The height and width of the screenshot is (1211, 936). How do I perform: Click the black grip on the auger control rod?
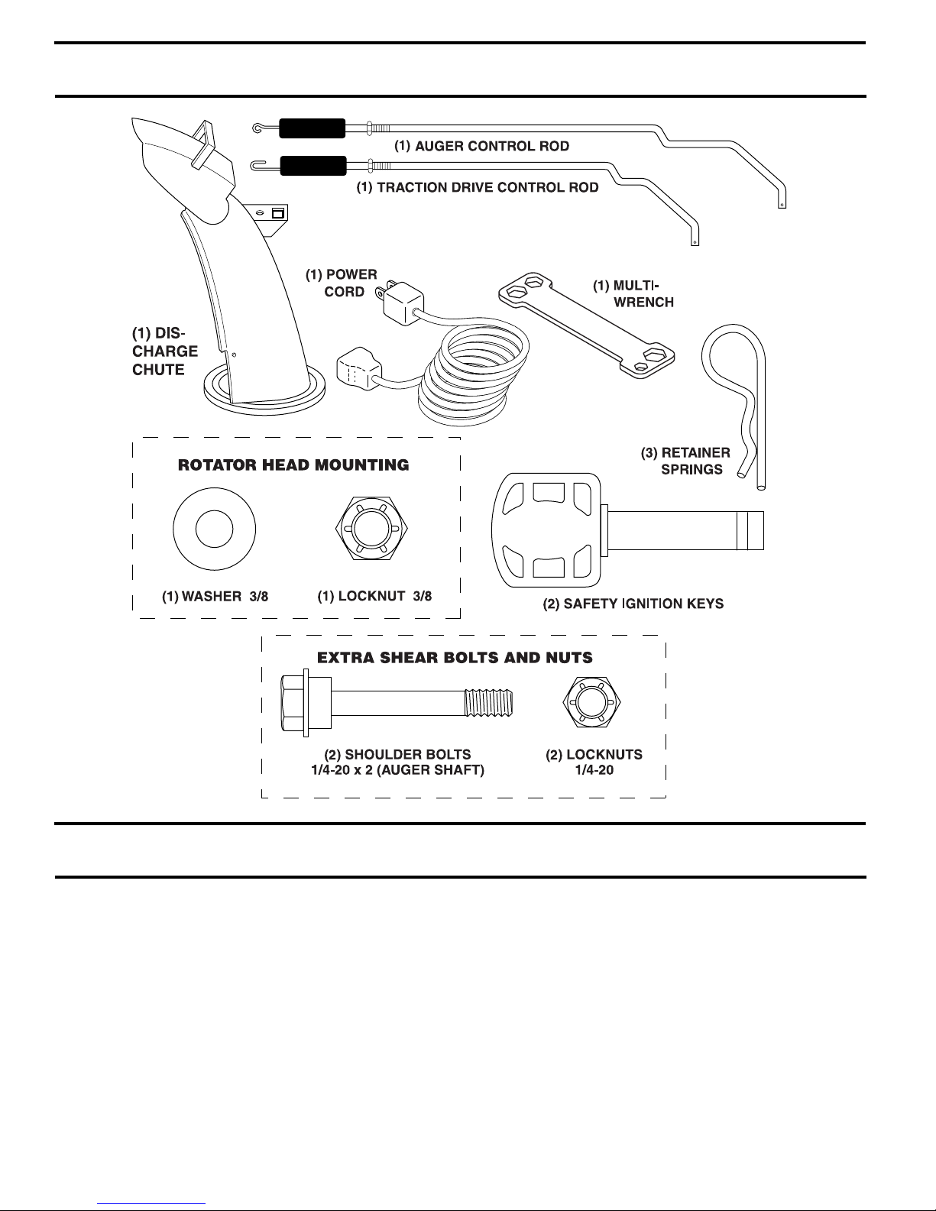[312, 128]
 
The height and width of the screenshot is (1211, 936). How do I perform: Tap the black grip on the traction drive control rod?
[313, 166]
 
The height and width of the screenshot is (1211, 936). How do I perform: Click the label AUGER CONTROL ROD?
[481, 146]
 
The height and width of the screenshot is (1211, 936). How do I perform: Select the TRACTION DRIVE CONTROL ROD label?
[478, 187]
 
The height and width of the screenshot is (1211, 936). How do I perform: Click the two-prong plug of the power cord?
[401, 302]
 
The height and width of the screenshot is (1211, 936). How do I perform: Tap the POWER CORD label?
[342, 283]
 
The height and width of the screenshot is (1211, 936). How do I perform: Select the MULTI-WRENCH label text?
[633, 293]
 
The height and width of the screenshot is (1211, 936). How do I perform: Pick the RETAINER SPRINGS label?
[685, 461]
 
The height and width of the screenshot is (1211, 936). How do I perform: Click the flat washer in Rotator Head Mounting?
[215, 529]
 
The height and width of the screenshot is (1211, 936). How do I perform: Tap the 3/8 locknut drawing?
[371, 528]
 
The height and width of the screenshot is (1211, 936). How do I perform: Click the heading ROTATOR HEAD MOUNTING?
[293, 465]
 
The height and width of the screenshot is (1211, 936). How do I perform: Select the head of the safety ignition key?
[546, 530]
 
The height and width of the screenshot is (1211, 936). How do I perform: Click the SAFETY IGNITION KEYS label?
[633, 604]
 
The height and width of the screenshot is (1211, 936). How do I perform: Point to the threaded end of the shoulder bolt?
[488, 703]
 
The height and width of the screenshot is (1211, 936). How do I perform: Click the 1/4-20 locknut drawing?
[591, 702]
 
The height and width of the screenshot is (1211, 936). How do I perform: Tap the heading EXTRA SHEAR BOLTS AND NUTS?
[455, 658]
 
